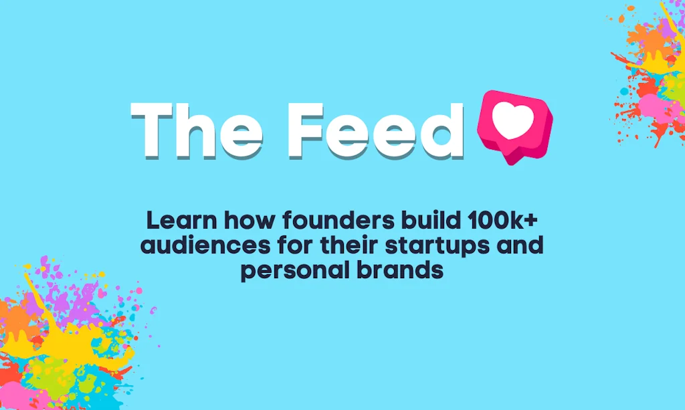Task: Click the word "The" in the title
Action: tap(197, 130)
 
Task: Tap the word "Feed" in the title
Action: tap(376, 130)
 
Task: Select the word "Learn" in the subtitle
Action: tap(181, 221)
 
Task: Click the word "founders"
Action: tap(338, 221)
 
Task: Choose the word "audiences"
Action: tap(205, 246)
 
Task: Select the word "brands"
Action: tap(400, 270)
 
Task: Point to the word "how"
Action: tap(250, 221)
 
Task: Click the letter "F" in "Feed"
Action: tap(306, 130)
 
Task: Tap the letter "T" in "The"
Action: tap(152, 130)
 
